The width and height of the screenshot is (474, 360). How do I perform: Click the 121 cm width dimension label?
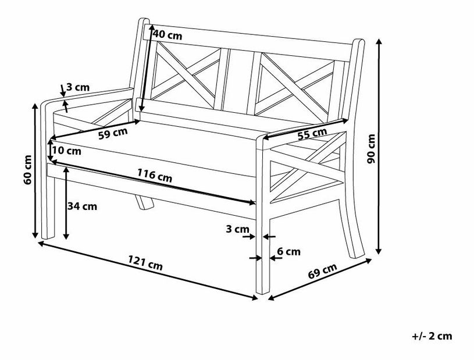coord(145,263)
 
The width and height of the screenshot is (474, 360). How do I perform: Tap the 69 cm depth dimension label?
coord(322,271)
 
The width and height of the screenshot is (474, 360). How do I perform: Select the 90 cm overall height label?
coord(371,149)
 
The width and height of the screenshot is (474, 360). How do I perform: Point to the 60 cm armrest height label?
coord(27,170)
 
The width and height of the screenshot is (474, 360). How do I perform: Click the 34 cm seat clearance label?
coord(82,206)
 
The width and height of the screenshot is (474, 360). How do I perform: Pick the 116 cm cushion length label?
coord(155,176)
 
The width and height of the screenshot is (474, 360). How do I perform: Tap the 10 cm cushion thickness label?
coord(66,151)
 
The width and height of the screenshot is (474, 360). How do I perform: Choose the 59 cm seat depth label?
coord(113,133)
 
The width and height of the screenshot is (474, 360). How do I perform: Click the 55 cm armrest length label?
coord(312,134)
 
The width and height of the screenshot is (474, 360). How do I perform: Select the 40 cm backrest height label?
coord(167,35)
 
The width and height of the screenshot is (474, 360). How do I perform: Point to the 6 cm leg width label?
coord(288,251)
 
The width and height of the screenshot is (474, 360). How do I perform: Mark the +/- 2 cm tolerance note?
coord(432,336)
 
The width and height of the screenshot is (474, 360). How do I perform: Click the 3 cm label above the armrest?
coord(78,87)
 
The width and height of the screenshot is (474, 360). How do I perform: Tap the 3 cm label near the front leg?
coord(238,229)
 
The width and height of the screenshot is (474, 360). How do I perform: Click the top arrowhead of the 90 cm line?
coord(379,41)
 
